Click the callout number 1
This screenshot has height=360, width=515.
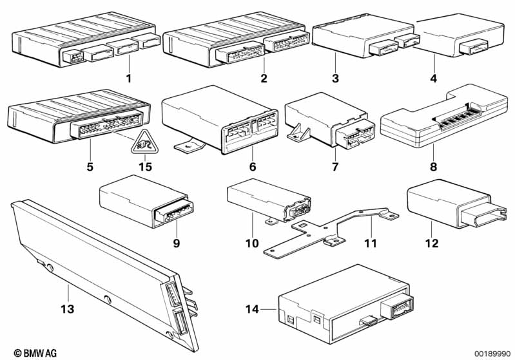point(129,79)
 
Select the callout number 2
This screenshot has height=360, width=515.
point(264,79)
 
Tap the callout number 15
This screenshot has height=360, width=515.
point(146,166)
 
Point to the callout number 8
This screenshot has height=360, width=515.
point(434,166)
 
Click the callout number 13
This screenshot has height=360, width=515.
point(67,309)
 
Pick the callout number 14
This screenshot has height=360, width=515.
point(252,309)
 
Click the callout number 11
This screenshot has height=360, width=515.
point(371,243)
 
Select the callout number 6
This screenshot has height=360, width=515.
point(252,166)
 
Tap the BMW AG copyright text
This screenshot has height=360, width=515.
point(35,353)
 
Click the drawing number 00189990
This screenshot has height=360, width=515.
point(491,354)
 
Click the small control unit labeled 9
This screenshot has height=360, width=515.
point(146,201)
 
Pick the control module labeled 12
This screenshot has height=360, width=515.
point(456,203)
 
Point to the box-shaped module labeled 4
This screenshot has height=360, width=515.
point(460,35)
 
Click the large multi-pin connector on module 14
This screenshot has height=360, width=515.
point(397,307)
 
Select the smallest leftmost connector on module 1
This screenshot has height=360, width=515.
point(73,56)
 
